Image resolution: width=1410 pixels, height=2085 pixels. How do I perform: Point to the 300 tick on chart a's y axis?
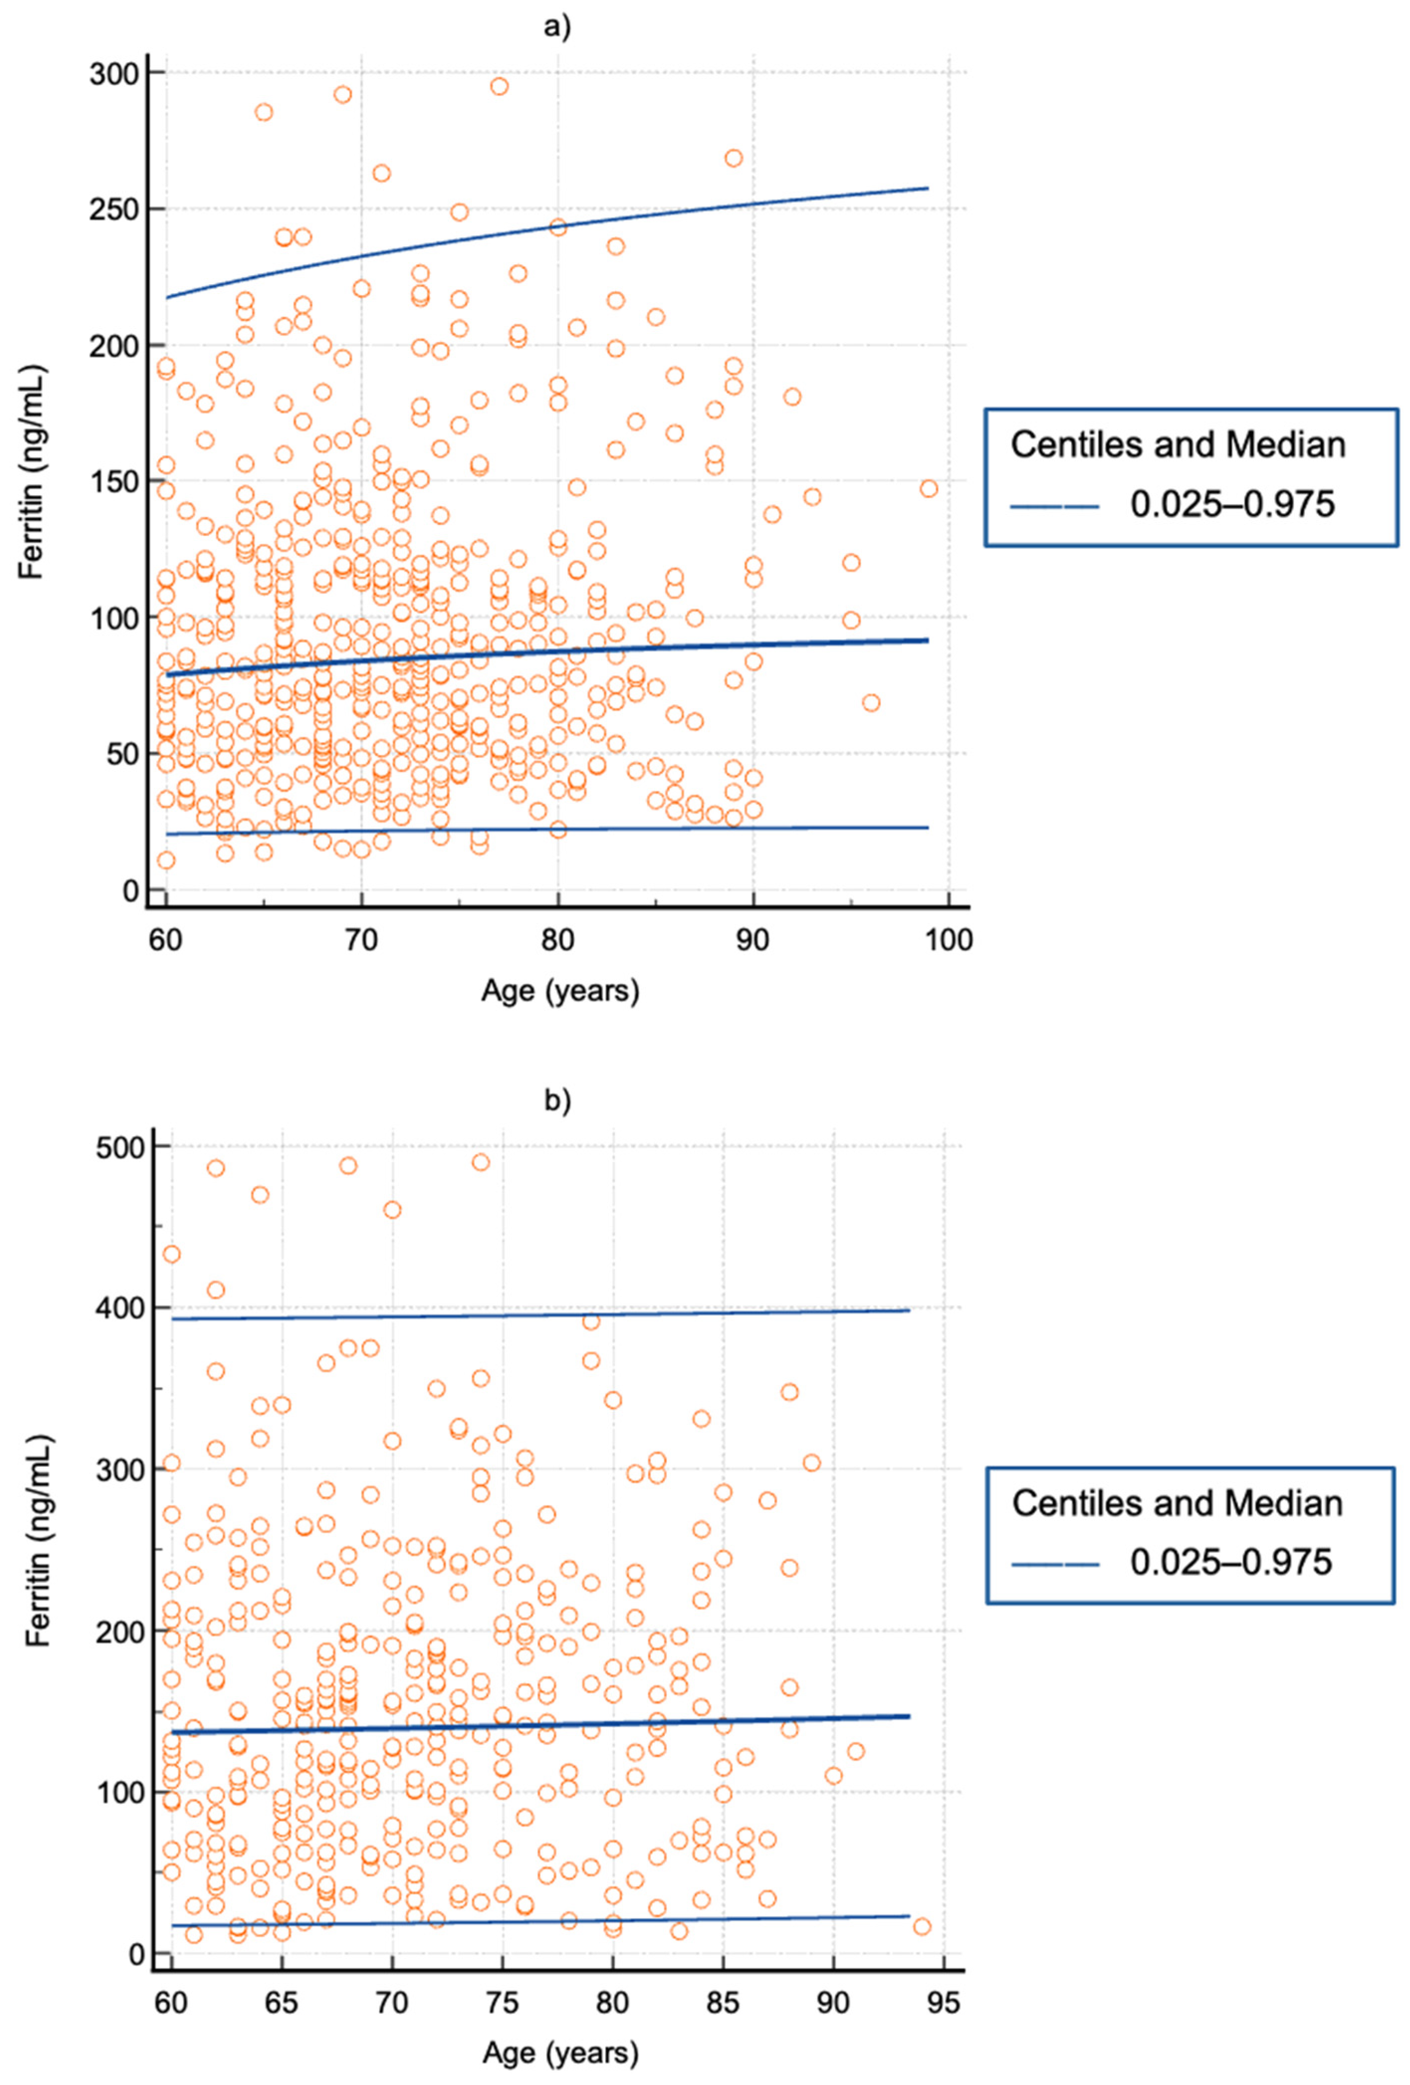click(x=114, y=73)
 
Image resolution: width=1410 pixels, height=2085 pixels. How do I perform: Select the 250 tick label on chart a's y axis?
click(x=114, y=209)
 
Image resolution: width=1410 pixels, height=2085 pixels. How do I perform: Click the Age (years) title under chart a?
click(x=560, y=991)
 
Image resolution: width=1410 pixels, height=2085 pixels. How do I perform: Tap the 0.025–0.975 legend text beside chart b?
click(x=1231, y=1562)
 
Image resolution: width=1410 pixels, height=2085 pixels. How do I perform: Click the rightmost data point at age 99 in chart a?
click(x=928, y=489)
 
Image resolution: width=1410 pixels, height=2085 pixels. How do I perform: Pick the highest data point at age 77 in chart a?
click(x=499, y=86)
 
